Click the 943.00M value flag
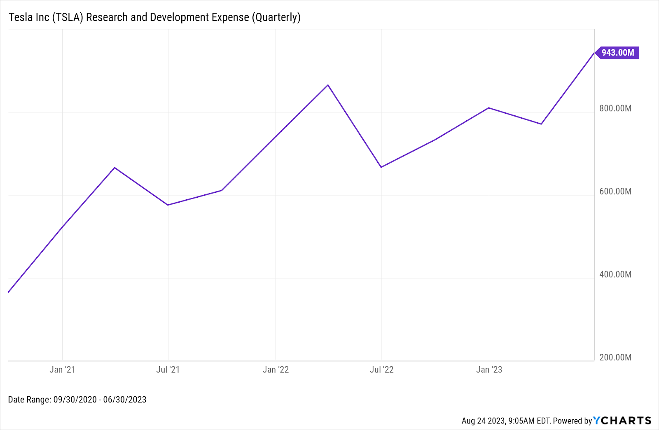(x=617, y=53)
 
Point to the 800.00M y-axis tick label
(x=615, y=108)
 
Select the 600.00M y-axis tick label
(x=615, y=191)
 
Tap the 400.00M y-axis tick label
(x=615, y=274)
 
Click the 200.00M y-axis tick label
(x=615, y=357)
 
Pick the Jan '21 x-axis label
(x=62, y=369)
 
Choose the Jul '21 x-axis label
(x=168, y=369)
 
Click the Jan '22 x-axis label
(x=276, y=369)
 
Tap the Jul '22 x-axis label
(x=381, y=369)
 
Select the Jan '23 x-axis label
(x=489, y=369)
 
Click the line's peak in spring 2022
(x=328, y=85)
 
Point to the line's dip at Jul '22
(x=381, y=167)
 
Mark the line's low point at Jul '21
(x=168, y=205)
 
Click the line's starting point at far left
(x=9, y=292)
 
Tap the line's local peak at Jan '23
(x=489, y=108)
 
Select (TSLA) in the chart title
(x=68, y=17)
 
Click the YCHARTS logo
(x=622, y=421)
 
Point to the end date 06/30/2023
(x=124, y=400)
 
